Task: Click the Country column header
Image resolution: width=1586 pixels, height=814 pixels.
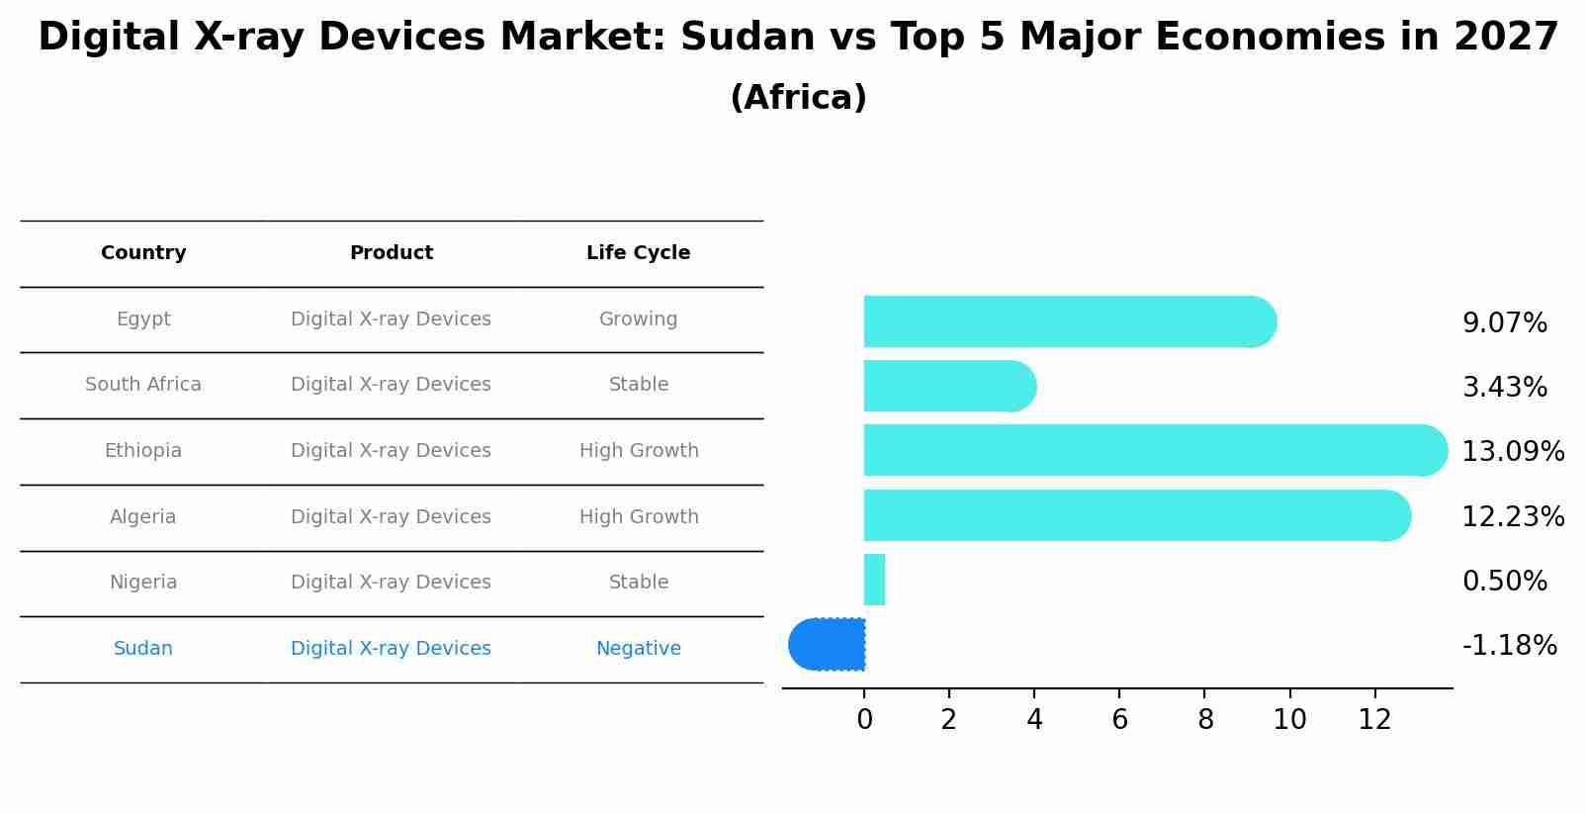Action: pos(143,253)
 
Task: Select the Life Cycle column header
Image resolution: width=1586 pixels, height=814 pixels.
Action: pos(638,253)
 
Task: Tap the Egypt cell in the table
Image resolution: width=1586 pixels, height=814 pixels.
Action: pos(143,319)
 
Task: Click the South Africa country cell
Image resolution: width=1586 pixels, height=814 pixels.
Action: pos(143,385)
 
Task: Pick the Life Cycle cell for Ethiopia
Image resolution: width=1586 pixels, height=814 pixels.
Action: pos(639,451)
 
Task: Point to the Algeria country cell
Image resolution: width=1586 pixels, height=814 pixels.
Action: pos(143,517)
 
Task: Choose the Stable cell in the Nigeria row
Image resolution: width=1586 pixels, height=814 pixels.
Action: pos(639,583)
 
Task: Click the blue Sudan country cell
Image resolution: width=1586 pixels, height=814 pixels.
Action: pos(143,649)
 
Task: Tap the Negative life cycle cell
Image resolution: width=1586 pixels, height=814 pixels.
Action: pos(639,649)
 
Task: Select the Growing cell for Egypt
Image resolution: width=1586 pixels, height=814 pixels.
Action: pos(639,319)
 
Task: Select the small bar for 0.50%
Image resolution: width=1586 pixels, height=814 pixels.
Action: pos(874,580)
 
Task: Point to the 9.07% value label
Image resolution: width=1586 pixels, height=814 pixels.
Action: pos(1504,323)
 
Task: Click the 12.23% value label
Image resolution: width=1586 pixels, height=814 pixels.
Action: pos(1513,517)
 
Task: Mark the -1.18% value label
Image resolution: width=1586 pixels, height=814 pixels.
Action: pos(1509,646)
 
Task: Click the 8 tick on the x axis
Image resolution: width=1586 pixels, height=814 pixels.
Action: pos(1204,720)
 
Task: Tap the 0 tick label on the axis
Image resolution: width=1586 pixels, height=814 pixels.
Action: pos(864,720)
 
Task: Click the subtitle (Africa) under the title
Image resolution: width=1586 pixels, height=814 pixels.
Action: pos(798,98)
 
